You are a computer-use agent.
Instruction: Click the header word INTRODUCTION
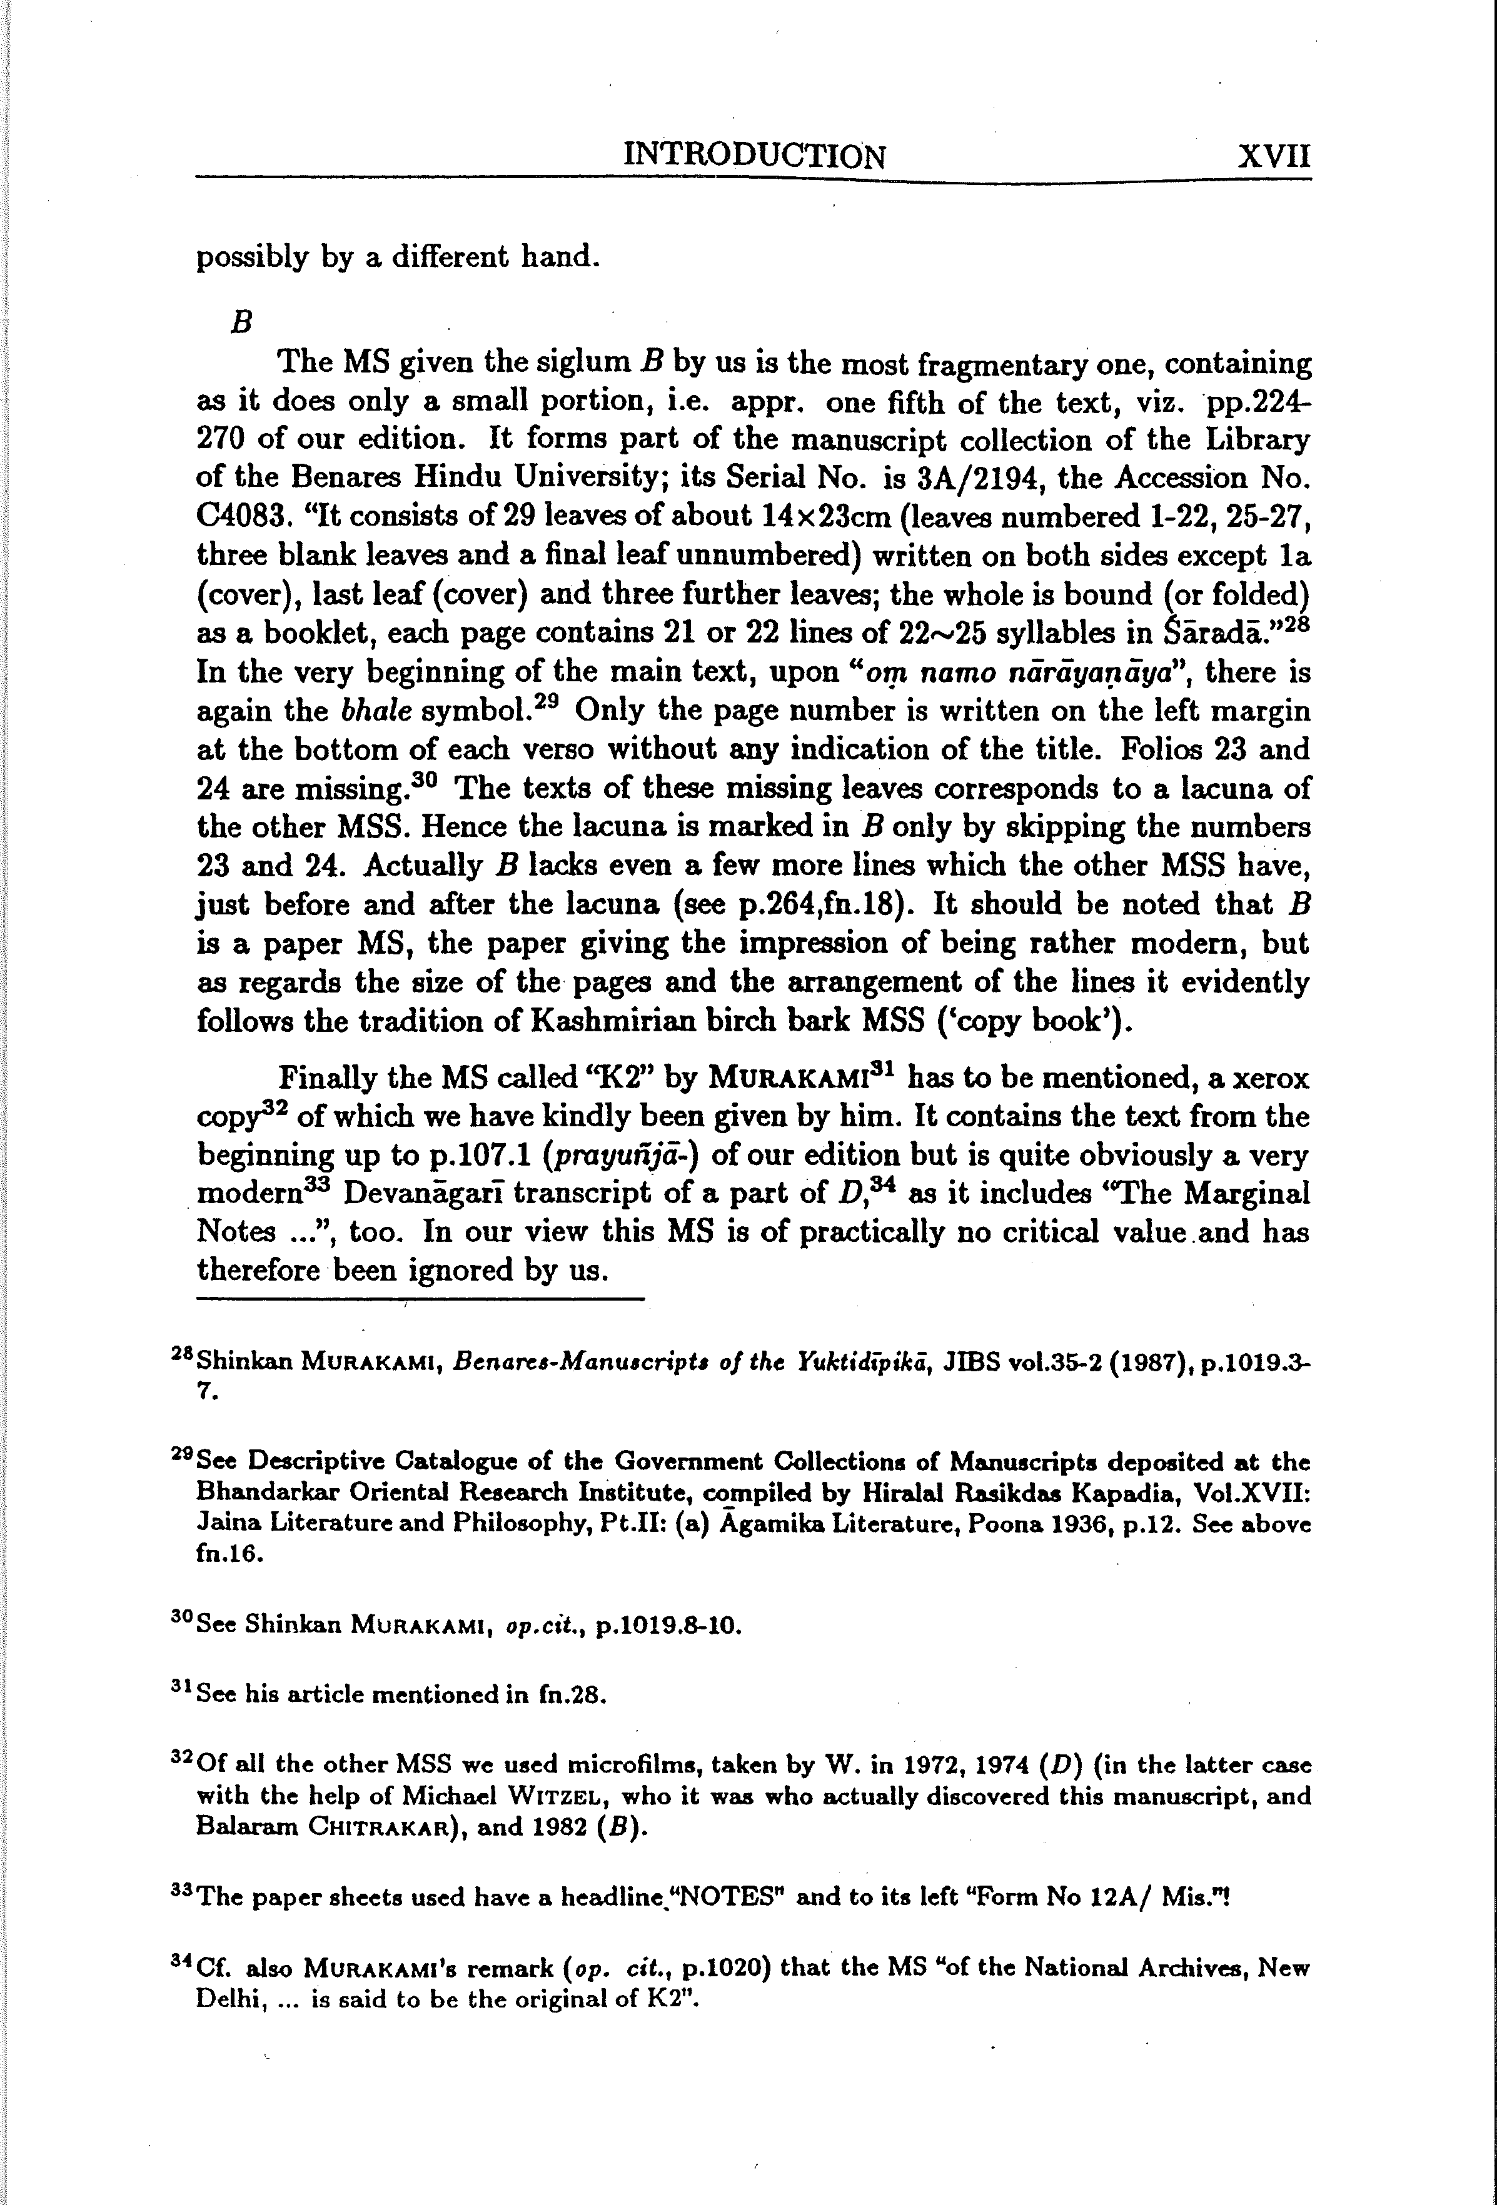click(754, 154)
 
